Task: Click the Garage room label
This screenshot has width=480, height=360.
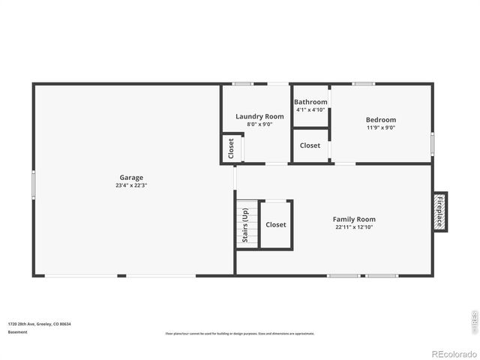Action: [131, 178]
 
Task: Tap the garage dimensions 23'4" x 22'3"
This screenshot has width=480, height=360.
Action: [131, 185]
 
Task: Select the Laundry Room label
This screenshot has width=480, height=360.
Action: [259, 116]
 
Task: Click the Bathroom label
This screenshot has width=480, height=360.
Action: [310, 102]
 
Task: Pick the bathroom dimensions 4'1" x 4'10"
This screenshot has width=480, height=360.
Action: [310, 109]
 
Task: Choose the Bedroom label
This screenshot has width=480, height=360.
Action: [381, 120]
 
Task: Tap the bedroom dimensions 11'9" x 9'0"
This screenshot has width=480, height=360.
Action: [381, 127]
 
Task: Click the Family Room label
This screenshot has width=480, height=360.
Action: [354, 219]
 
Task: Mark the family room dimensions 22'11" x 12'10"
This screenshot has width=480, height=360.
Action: [354, 226]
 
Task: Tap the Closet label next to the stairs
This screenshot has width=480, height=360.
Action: [276, 224]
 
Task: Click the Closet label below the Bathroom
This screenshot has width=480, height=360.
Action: [310, 145]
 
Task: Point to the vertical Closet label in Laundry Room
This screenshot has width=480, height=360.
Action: [231, 148]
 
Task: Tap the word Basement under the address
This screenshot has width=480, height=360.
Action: [17, 331]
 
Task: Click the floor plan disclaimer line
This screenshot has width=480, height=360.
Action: [240, 334]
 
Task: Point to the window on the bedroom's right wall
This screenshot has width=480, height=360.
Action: [432, 142]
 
